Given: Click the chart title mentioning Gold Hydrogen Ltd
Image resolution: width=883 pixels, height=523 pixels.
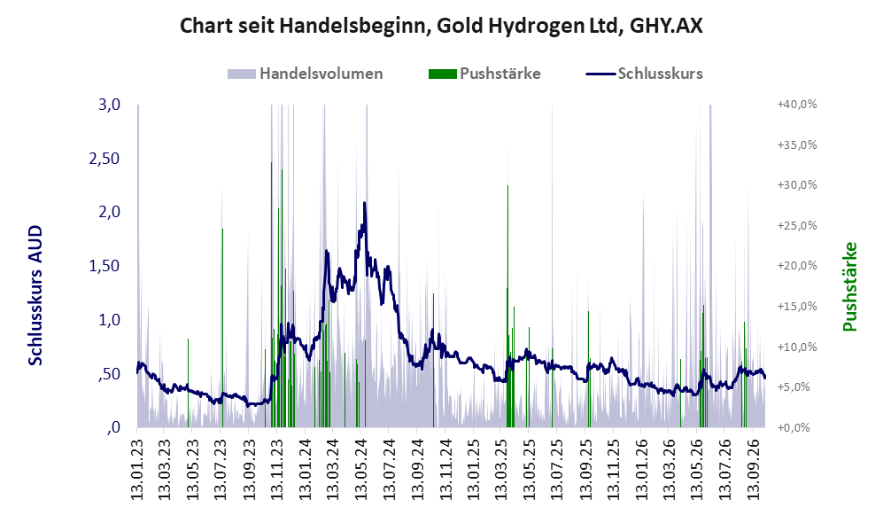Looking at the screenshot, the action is pos(441,26).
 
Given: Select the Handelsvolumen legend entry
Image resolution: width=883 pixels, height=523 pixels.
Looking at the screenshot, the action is pos(306,74).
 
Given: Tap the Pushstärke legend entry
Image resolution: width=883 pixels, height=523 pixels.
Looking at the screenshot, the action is pos(484,74).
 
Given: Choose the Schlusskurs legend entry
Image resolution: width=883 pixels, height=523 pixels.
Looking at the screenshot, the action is pos(644,74).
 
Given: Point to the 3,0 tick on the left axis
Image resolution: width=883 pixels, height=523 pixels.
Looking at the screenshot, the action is pos(109,105).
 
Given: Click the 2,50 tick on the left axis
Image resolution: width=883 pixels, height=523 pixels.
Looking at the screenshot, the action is pos(105,159).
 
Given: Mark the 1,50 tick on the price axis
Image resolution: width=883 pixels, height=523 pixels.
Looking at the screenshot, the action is pos(105,266).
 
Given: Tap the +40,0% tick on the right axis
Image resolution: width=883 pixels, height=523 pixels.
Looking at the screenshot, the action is pos(797,105).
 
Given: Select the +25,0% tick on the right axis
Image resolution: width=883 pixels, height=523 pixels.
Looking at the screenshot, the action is pos(797,225).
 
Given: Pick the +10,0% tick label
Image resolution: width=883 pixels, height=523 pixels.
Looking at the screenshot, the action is pos(797,347).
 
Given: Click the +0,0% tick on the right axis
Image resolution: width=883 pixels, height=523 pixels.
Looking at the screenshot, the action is pos(794,427).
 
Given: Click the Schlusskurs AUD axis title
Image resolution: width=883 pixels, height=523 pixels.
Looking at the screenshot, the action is pos(35,295).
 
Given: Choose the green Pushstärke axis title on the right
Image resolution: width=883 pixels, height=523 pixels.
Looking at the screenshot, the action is pos(849,286).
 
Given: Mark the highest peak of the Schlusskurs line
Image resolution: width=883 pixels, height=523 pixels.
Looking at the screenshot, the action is pos(364,203).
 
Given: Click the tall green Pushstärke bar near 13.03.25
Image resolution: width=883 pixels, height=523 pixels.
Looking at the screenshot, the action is pos(508,306).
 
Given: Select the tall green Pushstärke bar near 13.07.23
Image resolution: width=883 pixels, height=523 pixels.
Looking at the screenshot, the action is pos(222,327).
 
